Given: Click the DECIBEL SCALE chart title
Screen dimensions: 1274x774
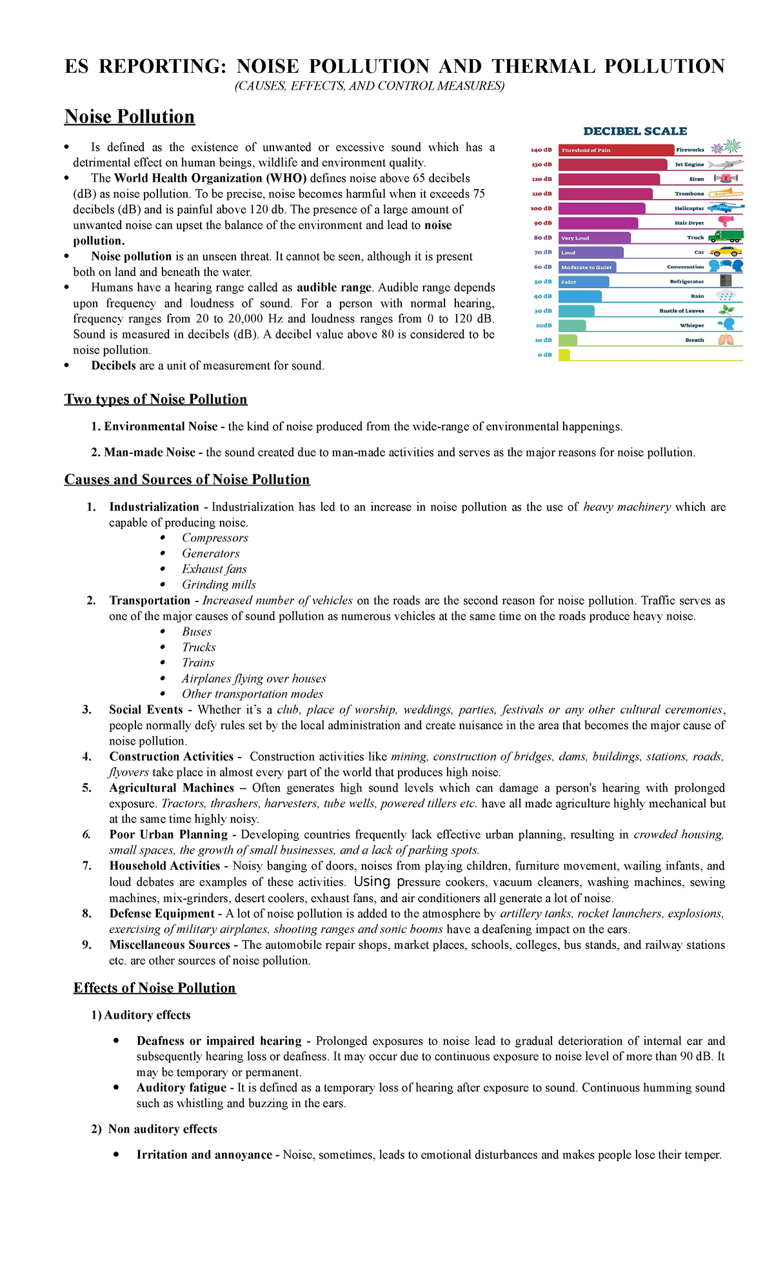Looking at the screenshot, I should coord(635,131).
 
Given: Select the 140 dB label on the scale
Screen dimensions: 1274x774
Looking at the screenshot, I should coord(541,150).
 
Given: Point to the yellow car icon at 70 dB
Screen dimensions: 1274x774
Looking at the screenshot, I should coord(726,251).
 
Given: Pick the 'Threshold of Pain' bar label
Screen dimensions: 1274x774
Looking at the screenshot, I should coord(586,150).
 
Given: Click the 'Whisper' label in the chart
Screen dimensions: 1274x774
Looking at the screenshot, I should coord(692,326).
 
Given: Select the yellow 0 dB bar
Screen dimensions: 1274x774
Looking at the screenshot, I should coord(564,355).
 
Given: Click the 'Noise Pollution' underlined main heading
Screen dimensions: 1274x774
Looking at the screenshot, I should coord(130,117).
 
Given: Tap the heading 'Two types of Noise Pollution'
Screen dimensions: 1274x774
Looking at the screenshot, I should coord(155,399).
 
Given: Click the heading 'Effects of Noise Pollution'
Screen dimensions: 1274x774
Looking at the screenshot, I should coord(155,988).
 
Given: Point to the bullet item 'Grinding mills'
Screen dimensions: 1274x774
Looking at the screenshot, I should coord(219,585).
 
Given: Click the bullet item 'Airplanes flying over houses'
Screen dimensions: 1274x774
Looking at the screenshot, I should coord(253,678).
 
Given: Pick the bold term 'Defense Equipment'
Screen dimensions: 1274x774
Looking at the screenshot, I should coord(162,914).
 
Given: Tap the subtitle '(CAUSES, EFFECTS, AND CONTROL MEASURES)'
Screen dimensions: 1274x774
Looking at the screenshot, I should coord(369,86).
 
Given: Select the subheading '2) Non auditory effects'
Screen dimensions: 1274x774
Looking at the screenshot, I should coord(154,1129).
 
